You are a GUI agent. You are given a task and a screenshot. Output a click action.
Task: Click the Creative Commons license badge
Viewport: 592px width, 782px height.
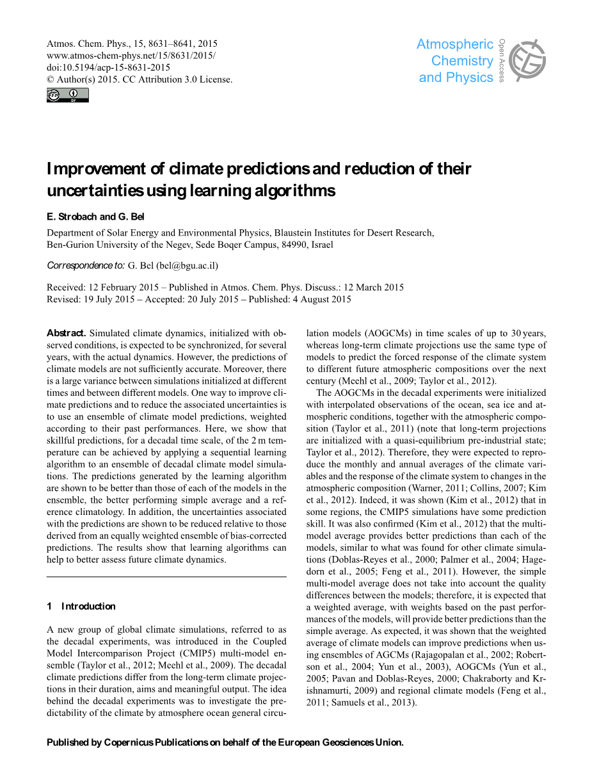[68, 95]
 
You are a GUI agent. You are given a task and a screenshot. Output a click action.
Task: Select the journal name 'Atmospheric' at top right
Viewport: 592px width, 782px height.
[454, 44]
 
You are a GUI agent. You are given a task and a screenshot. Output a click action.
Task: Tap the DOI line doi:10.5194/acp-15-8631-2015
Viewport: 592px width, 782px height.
[109, 67]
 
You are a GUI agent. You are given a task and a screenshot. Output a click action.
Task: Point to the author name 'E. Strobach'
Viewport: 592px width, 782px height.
[72, 216]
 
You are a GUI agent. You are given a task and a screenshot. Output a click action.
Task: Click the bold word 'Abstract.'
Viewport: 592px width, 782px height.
[67, 333]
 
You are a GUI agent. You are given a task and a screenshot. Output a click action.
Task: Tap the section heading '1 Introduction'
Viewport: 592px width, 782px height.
[81, 606]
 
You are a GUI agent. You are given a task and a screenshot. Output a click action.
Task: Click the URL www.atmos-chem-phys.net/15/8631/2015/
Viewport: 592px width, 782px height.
[131, 56]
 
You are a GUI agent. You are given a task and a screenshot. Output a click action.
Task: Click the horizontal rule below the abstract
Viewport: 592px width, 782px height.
[166, 577]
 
